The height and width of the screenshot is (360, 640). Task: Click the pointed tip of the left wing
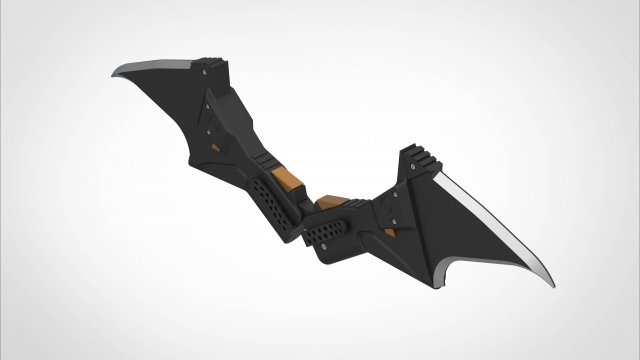113,74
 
